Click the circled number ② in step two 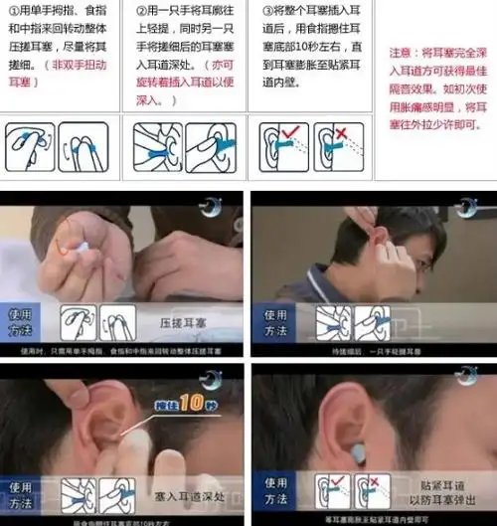142,10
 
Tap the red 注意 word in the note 401,52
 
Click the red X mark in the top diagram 340,132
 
